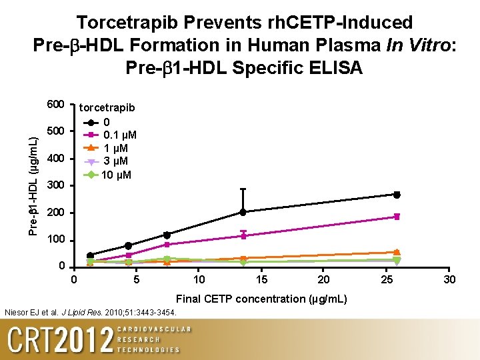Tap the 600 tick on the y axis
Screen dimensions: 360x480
pyautogui.click(x=55, y=105)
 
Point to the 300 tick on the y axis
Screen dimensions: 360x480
pyautogui.click(x=55, y=185)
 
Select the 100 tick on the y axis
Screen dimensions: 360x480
pyautogui.click(x=55, y=239)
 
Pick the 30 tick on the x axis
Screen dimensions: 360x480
pyautogui.click(x=450, y=279)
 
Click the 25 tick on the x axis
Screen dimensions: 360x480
pyautogui.click(x=387, y=279)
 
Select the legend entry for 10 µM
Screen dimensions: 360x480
pyautogui.click(x=117, y=175)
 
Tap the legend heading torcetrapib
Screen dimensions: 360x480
pyautogui.click(x=107, y=108)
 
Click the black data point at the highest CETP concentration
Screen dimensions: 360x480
pyautogui.click(x=397, y=195)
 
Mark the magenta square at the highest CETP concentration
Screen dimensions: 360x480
pyautogui.click(x=397, y=217)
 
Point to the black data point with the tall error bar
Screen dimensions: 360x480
pyautogui.click(x=243, y=212)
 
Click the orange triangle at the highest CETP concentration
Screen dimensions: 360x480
pyautogui.click(x=397, y=252)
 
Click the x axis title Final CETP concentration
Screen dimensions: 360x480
pyautogui.click(x=261, y=299)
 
